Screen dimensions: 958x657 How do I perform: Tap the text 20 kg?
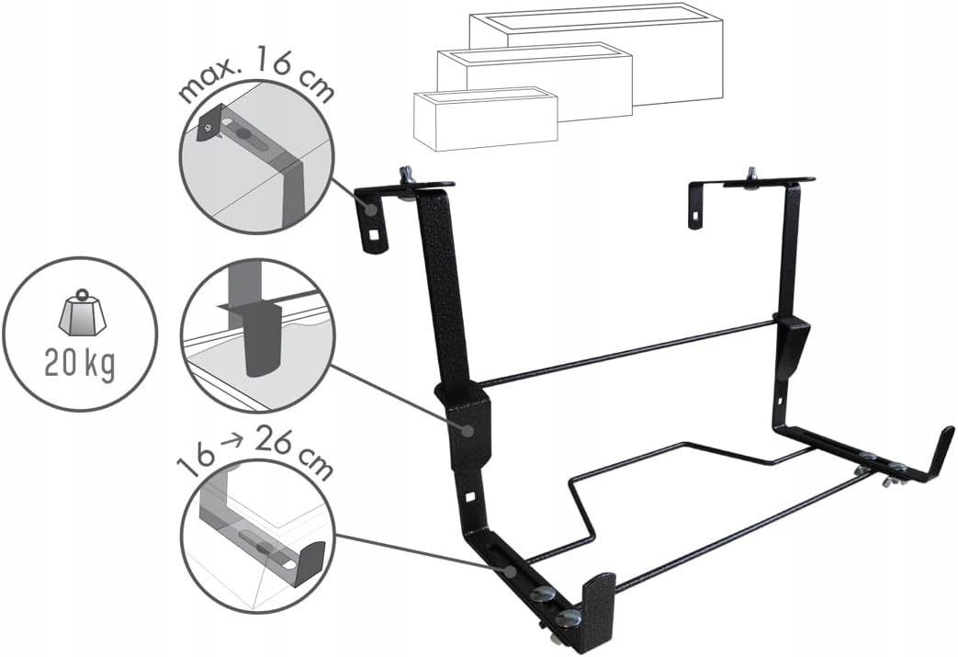click(79, 364)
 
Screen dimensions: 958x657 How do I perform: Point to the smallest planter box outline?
click(486, 119)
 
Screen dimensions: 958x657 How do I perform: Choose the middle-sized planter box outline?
click(535, 83)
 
